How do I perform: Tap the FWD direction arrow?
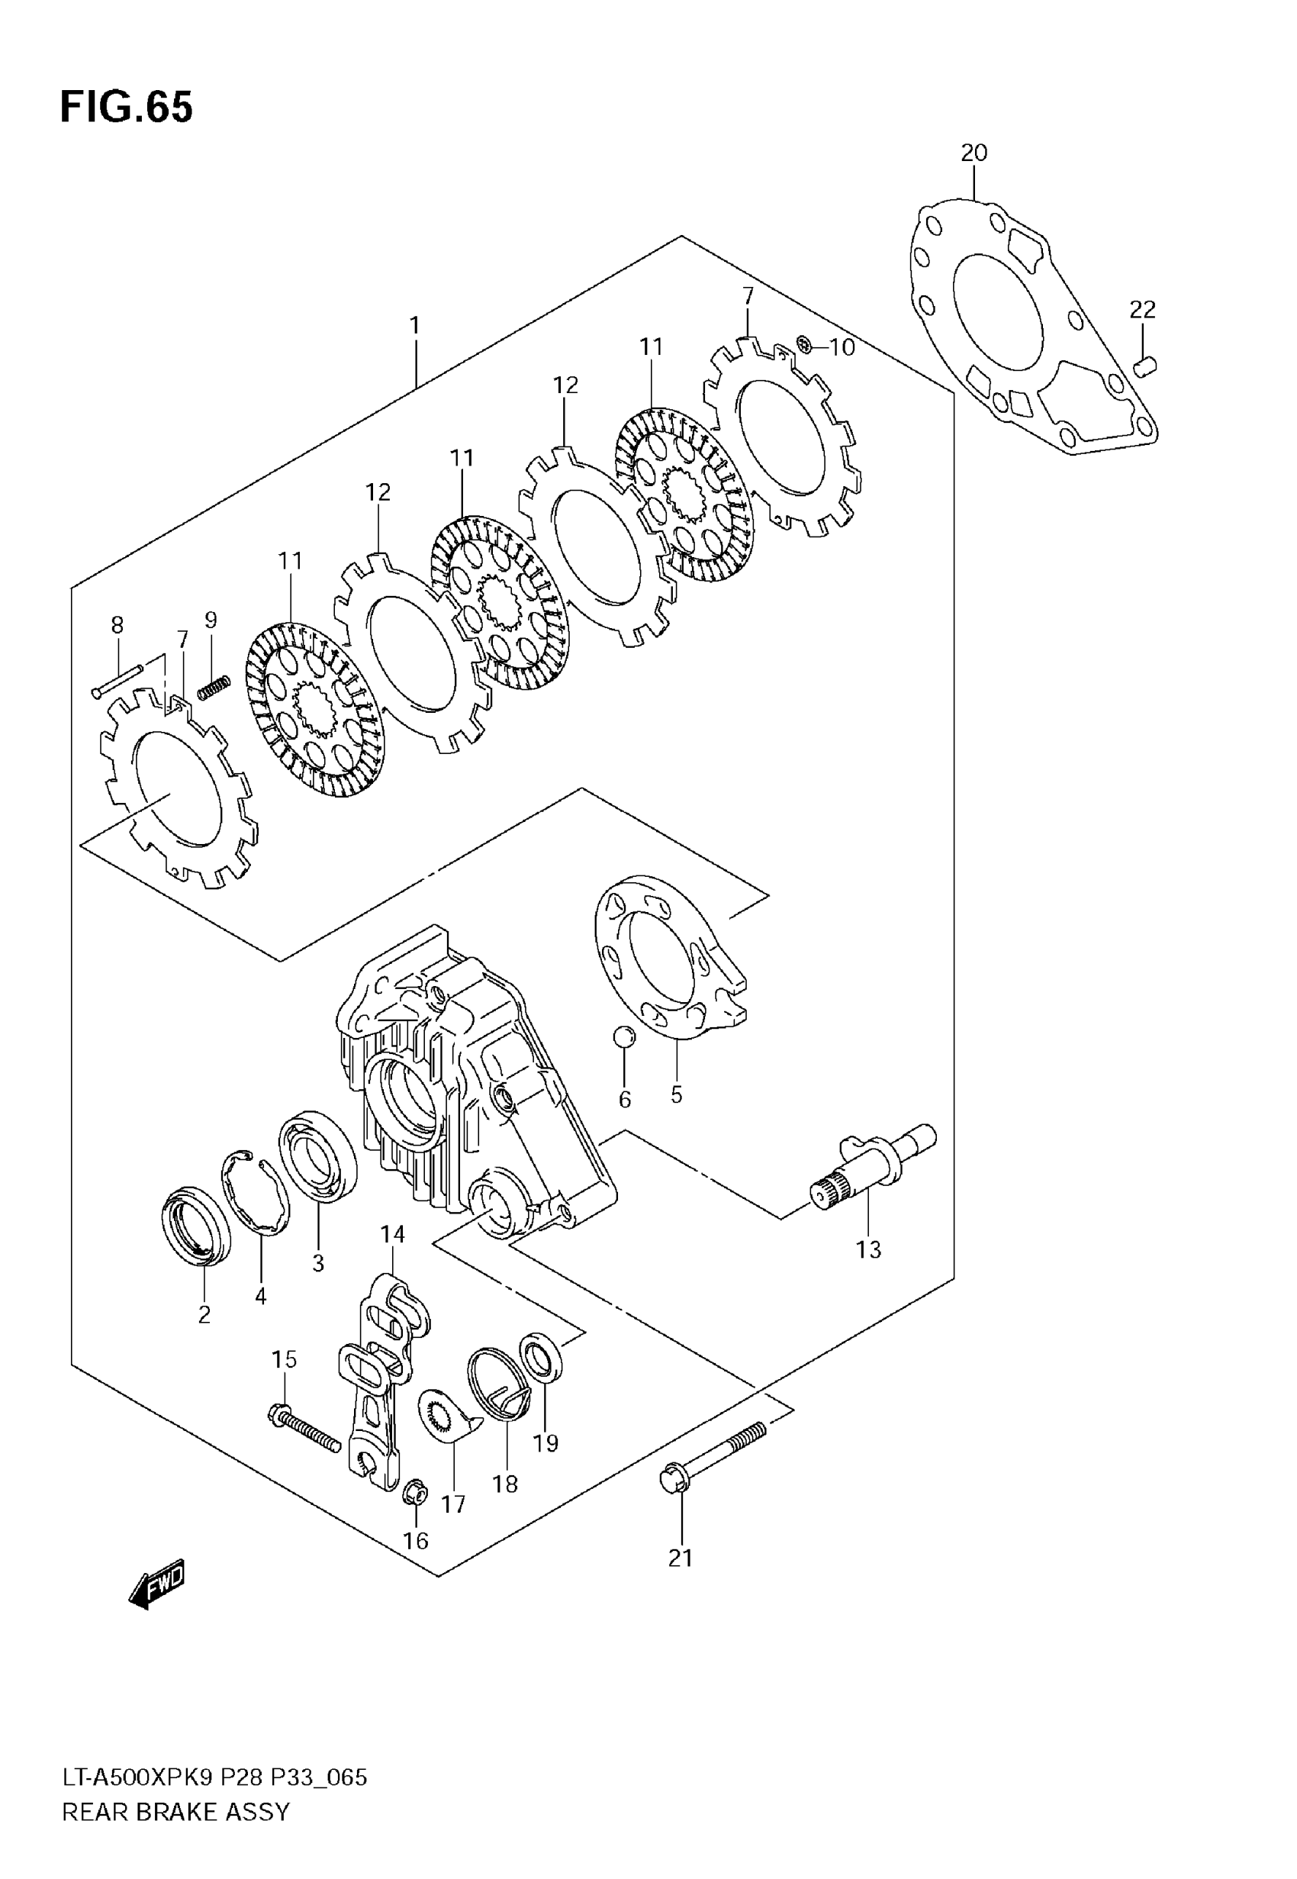[x=158, y=1583]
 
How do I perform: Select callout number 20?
[x=974, y=153]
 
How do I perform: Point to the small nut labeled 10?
[x=805, y=345]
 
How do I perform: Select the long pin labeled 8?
[x=117, y=680]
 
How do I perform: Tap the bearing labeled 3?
[x=317, y=1155]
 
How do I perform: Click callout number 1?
[x=414, y=326]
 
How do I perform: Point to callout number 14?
[x=392, y=1235]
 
